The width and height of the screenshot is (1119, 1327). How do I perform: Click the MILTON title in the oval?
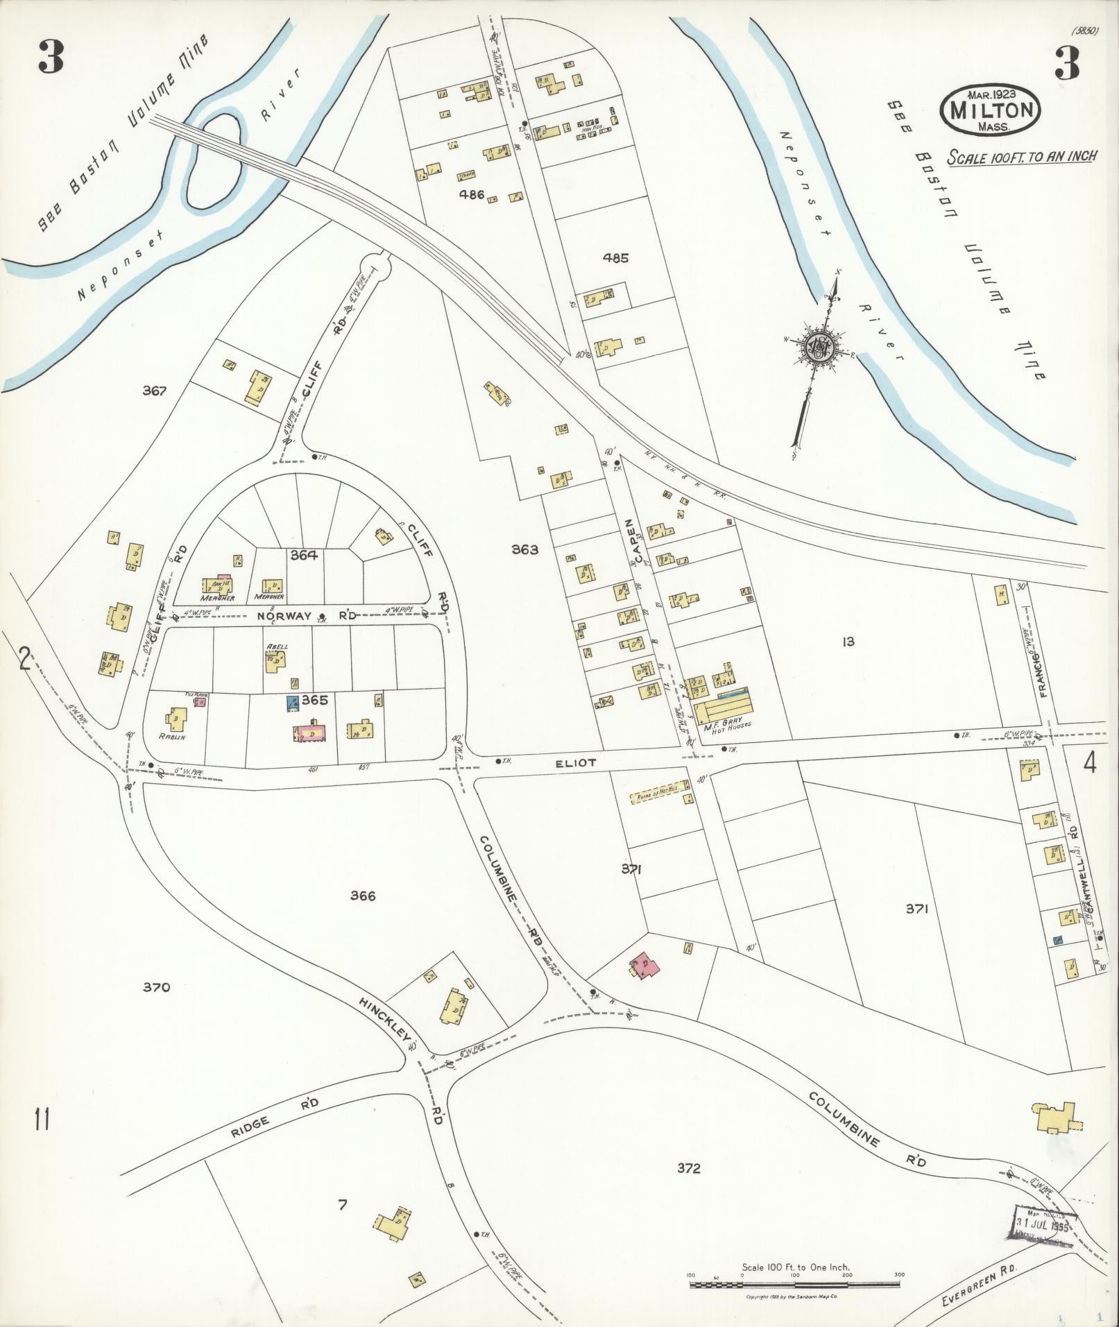(990, 110)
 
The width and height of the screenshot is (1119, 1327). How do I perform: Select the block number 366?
(362, 896)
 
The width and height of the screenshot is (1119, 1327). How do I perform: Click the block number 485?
(615, 258)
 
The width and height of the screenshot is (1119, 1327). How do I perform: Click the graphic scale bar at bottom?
(794, 1285)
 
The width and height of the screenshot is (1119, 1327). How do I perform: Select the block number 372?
(688, 1168)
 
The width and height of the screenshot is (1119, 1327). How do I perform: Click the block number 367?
(154, 391)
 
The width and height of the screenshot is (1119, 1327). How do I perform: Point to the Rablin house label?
(171, 737)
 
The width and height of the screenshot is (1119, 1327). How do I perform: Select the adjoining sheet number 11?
(42, 1118)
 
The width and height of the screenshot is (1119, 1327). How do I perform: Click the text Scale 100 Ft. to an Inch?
(1022, 156)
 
